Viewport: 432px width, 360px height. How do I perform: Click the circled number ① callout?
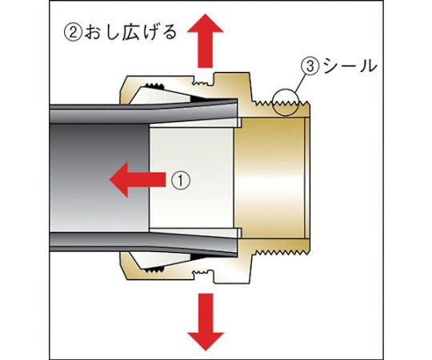[x=181, y=181]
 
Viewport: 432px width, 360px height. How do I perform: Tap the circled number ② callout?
[x=73, y=32]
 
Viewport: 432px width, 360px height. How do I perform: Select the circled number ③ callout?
[x=310, y=66]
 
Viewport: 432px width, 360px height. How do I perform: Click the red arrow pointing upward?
[x=206, y=41]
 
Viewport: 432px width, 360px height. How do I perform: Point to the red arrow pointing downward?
[x=206, y=322]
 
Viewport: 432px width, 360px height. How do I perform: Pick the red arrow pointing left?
[x=138, y=179]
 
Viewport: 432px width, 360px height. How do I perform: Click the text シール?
[x=350, y=66]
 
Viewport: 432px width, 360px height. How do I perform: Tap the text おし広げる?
[x=130, y=33]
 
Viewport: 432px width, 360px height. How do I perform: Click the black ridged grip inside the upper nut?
[x=155, y=86]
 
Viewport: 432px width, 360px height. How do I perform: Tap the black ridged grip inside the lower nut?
[x=155, y=270]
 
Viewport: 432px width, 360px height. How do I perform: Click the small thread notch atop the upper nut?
[x=203, y=82]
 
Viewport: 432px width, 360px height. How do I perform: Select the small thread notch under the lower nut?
[x=203, y=274]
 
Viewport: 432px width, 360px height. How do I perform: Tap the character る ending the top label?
[x=168, y=33]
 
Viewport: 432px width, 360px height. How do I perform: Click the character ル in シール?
[x=368, y=66]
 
